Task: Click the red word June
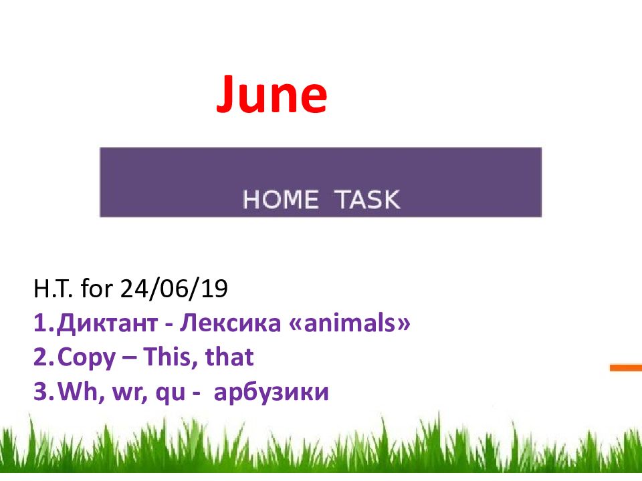272,94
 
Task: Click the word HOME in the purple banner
280,200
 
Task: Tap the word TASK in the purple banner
367,200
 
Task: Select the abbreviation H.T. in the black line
53,289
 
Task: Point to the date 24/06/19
174,289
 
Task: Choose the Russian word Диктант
107,323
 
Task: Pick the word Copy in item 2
86,358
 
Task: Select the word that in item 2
229,356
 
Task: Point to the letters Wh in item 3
78,391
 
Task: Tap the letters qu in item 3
171,393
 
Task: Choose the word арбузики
271,392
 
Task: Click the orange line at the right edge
626,368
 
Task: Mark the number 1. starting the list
44,323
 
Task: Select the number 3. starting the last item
44,391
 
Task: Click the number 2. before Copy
44,357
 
